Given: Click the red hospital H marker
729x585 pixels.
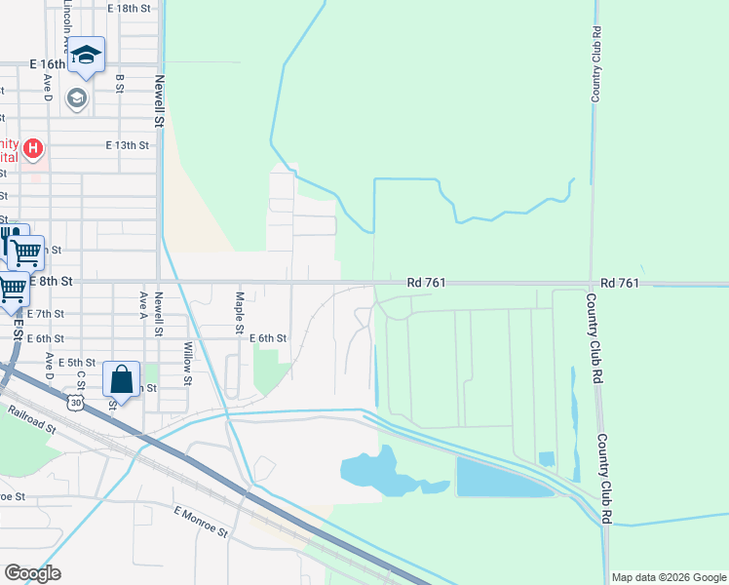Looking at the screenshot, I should pyautogui.click(x=33, y=148).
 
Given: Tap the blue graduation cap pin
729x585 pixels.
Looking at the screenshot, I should pyautogui.click(x=87, y=57).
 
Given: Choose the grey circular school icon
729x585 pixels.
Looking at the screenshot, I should pyautogui.click(x=76, y=97).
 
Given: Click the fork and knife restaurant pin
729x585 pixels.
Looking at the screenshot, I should pyautogui.click(x=10, y=238).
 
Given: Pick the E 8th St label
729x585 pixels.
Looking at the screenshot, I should pyautogui.click(x=52, y=281).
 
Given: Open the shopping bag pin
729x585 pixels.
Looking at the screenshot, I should pyautogui.click(x=122, y=379).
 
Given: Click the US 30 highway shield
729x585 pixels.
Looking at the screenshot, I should pyautogui.click(x=76, y=401).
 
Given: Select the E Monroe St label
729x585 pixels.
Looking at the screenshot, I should pyautogui.click(x=200, y=522).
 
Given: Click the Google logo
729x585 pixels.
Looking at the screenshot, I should pyautogui.click(x=32, y=573).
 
